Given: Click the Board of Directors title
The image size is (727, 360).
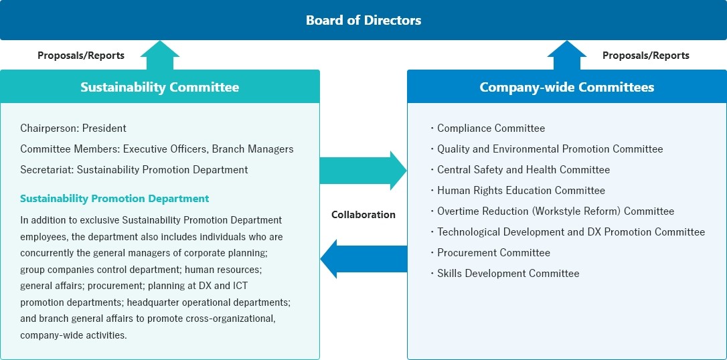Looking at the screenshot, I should tap(363, 20).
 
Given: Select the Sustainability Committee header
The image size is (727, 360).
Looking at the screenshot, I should tap(159, 87).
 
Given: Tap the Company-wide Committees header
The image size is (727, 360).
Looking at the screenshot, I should tap(566, 87).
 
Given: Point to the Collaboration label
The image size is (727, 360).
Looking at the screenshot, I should tap(363, 215).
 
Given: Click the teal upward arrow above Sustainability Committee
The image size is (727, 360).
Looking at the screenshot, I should tap(159, 56).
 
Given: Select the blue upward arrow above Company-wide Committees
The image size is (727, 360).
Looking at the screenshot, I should tap(566, 56).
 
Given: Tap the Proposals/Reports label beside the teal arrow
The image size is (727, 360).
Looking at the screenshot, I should tap(81, 56).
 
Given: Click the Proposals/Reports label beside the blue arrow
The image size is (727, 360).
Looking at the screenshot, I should tap(645, 56).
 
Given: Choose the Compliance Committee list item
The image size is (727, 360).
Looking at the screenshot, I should tap(491, 128).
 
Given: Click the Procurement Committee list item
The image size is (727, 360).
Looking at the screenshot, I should tap(493, 253).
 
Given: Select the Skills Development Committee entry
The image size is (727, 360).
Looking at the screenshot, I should tap(508, 274).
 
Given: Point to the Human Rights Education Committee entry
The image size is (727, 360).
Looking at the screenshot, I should tap(521, 191).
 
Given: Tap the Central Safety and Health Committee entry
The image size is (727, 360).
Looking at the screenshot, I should tap(523, 170).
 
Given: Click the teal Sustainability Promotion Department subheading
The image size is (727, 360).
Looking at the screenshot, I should tap(114, 199).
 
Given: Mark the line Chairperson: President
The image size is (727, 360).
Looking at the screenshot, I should tap(73, 128).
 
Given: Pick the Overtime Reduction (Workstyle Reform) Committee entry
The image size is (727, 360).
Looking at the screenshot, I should tap(556, 211).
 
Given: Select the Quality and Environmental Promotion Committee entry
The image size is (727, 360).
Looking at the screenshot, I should tap(550, 149).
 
